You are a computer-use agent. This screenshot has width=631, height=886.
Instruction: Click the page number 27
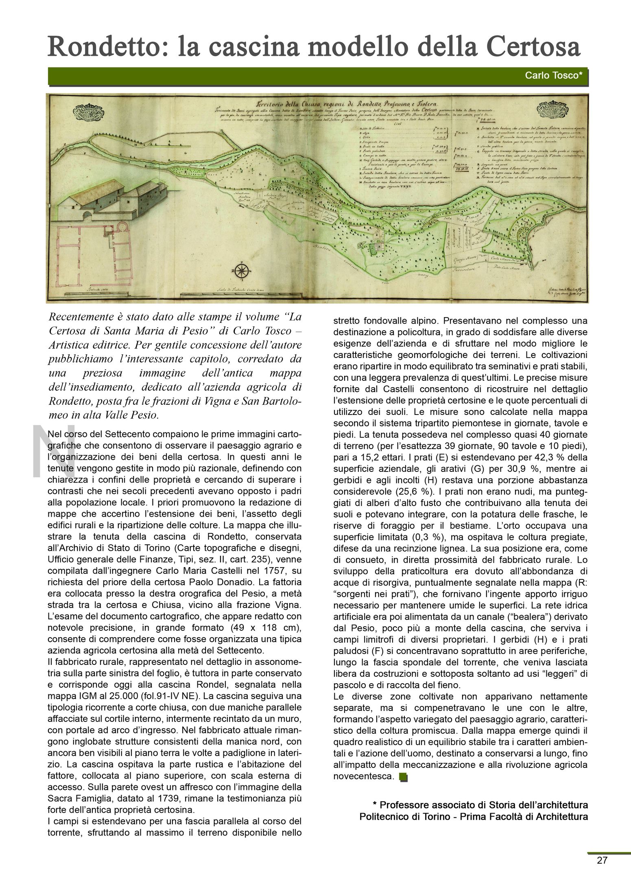[x=603, y=872]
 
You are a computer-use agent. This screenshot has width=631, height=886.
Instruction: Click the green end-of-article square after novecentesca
[x=403, y=776]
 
